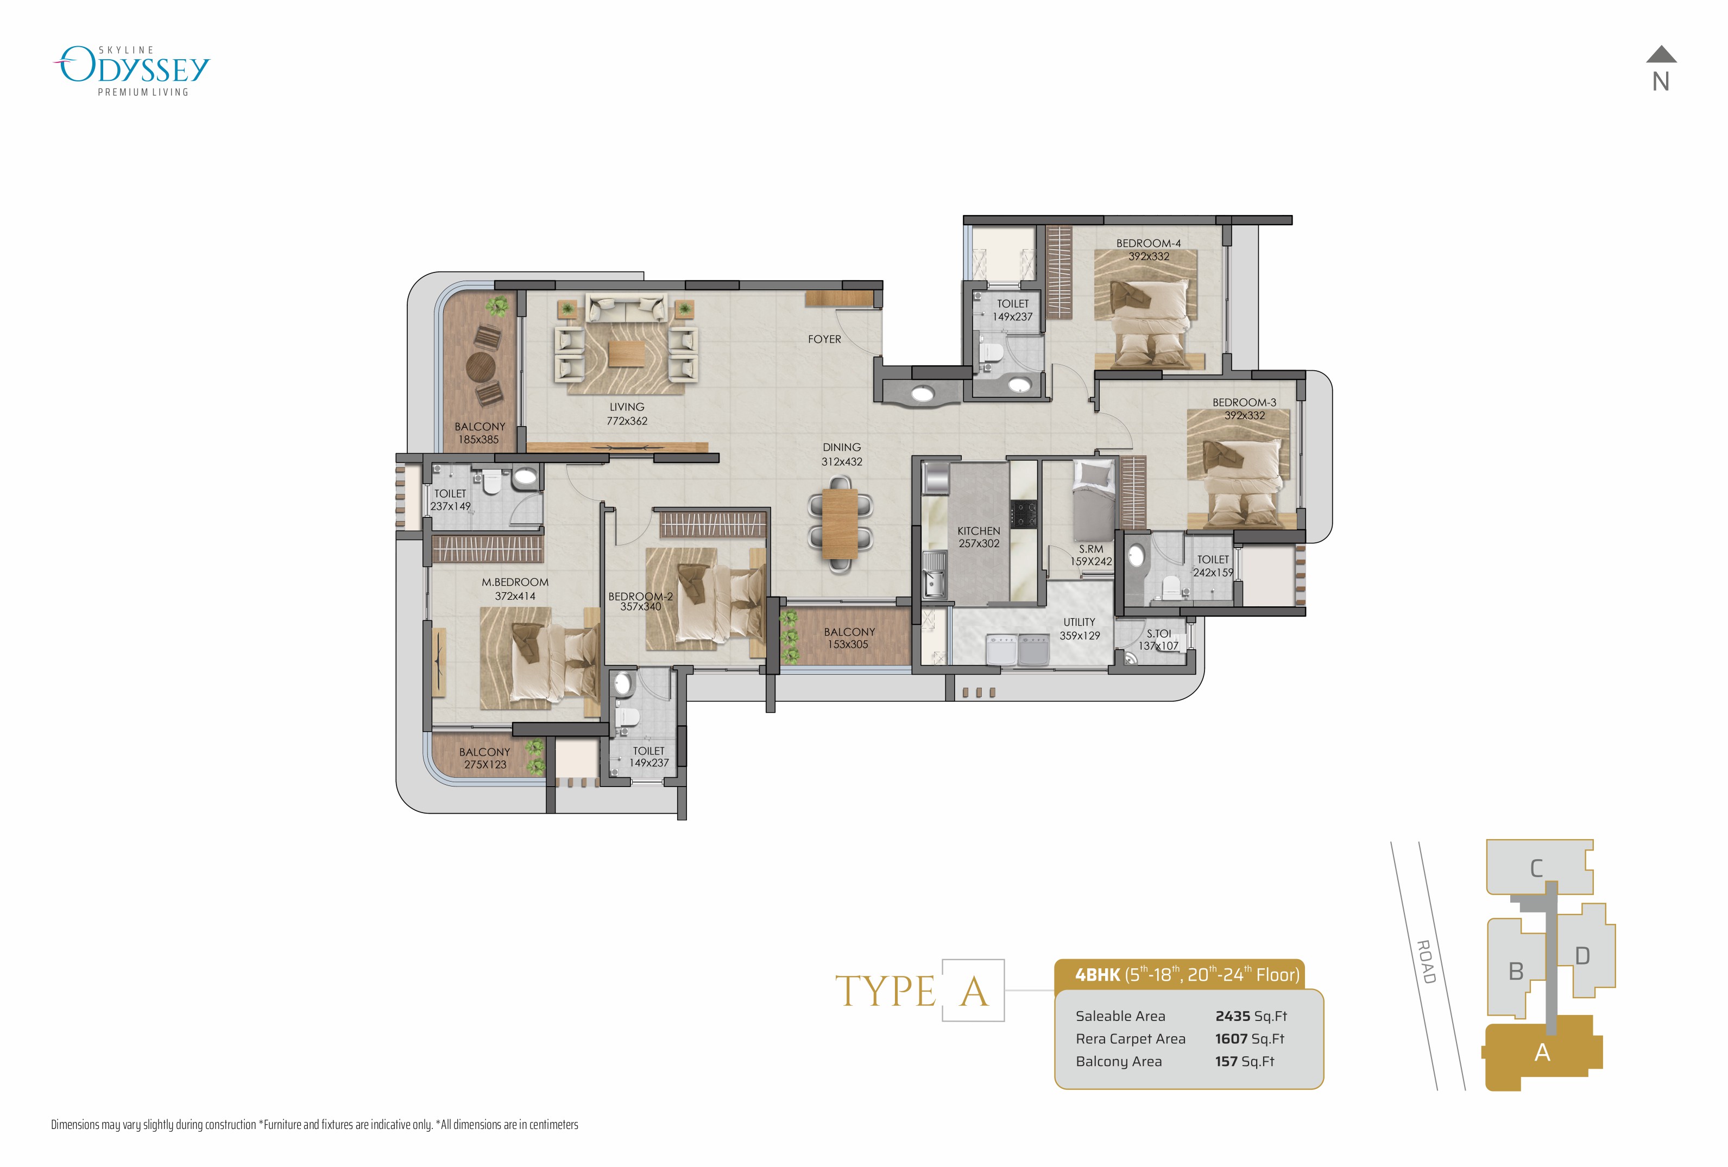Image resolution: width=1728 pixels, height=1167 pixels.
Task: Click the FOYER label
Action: click(824, 339)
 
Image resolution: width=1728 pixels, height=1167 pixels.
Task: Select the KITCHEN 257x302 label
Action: click(979, 537)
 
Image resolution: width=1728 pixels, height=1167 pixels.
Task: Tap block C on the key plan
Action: click(1536, 868)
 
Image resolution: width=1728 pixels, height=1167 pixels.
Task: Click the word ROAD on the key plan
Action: click(1426, 962)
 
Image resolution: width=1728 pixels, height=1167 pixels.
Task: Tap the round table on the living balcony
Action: click(480, 366)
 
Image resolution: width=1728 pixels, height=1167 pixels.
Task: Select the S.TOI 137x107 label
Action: click(1158, 639)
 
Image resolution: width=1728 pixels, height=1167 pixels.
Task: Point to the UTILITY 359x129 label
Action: click(1079, 628)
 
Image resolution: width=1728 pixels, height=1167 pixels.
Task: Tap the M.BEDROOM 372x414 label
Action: click(514, 589)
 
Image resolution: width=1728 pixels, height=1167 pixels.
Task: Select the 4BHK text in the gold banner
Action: click(1097, 974)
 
